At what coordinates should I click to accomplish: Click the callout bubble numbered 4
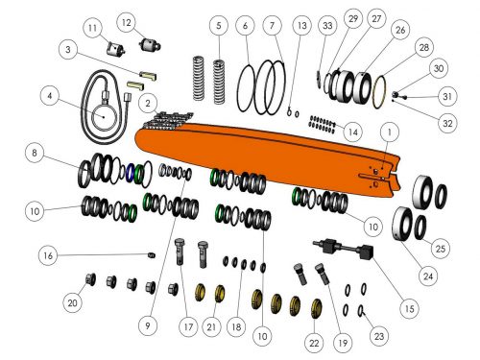50,96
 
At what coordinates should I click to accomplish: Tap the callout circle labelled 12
127,22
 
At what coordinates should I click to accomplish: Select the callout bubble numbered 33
327,25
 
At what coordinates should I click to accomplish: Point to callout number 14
353,132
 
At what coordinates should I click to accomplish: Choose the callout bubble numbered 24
428,276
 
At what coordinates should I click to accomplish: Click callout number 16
48,255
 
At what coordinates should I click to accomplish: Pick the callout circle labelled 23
379,336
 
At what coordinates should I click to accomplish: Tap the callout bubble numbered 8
35,153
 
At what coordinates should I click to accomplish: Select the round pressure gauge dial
104,117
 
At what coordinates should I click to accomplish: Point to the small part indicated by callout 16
153,255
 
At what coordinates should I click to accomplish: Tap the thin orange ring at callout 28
379,92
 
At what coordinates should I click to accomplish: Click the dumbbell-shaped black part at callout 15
344,249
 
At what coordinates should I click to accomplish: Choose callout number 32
447,123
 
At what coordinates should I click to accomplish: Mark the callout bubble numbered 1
390,132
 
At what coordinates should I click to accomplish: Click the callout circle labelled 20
73,302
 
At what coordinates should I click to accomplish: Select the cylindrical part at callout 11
115,49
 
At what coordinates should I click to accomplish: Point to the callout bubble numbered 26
400,30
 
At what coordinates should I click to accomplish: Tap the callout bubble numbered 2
148,104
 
